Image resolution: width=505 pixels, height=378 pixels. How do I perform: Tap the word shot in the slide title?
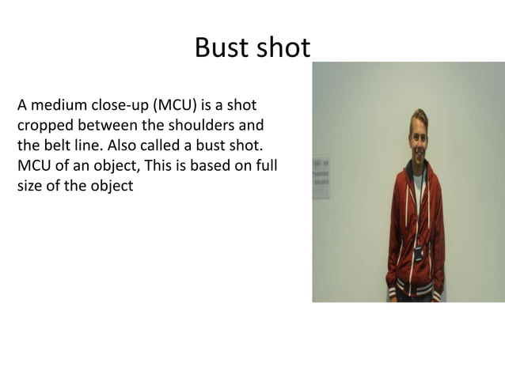tap(282, 49)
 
